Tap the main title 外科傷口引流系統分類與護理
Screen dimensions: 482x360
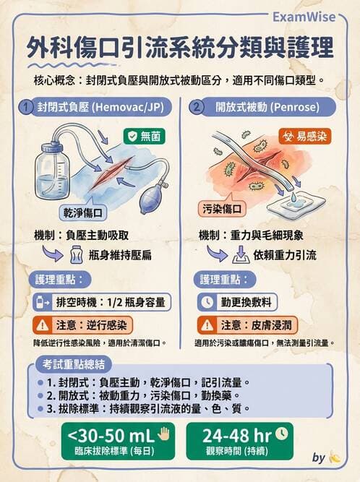pyautogui.click(x=180, y=48)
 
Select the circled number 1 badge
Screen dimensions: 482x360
pyautogui.click(x=26, y=108)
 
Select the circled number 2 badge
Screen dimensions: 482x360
pyautogui.click(x=197, y=108)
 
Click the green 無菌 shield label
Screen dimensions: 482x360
pyautogui.click(x=145, y=135)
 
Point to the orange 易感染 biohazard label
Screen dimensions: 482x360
pyautogui.click(x=304, y=135)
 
